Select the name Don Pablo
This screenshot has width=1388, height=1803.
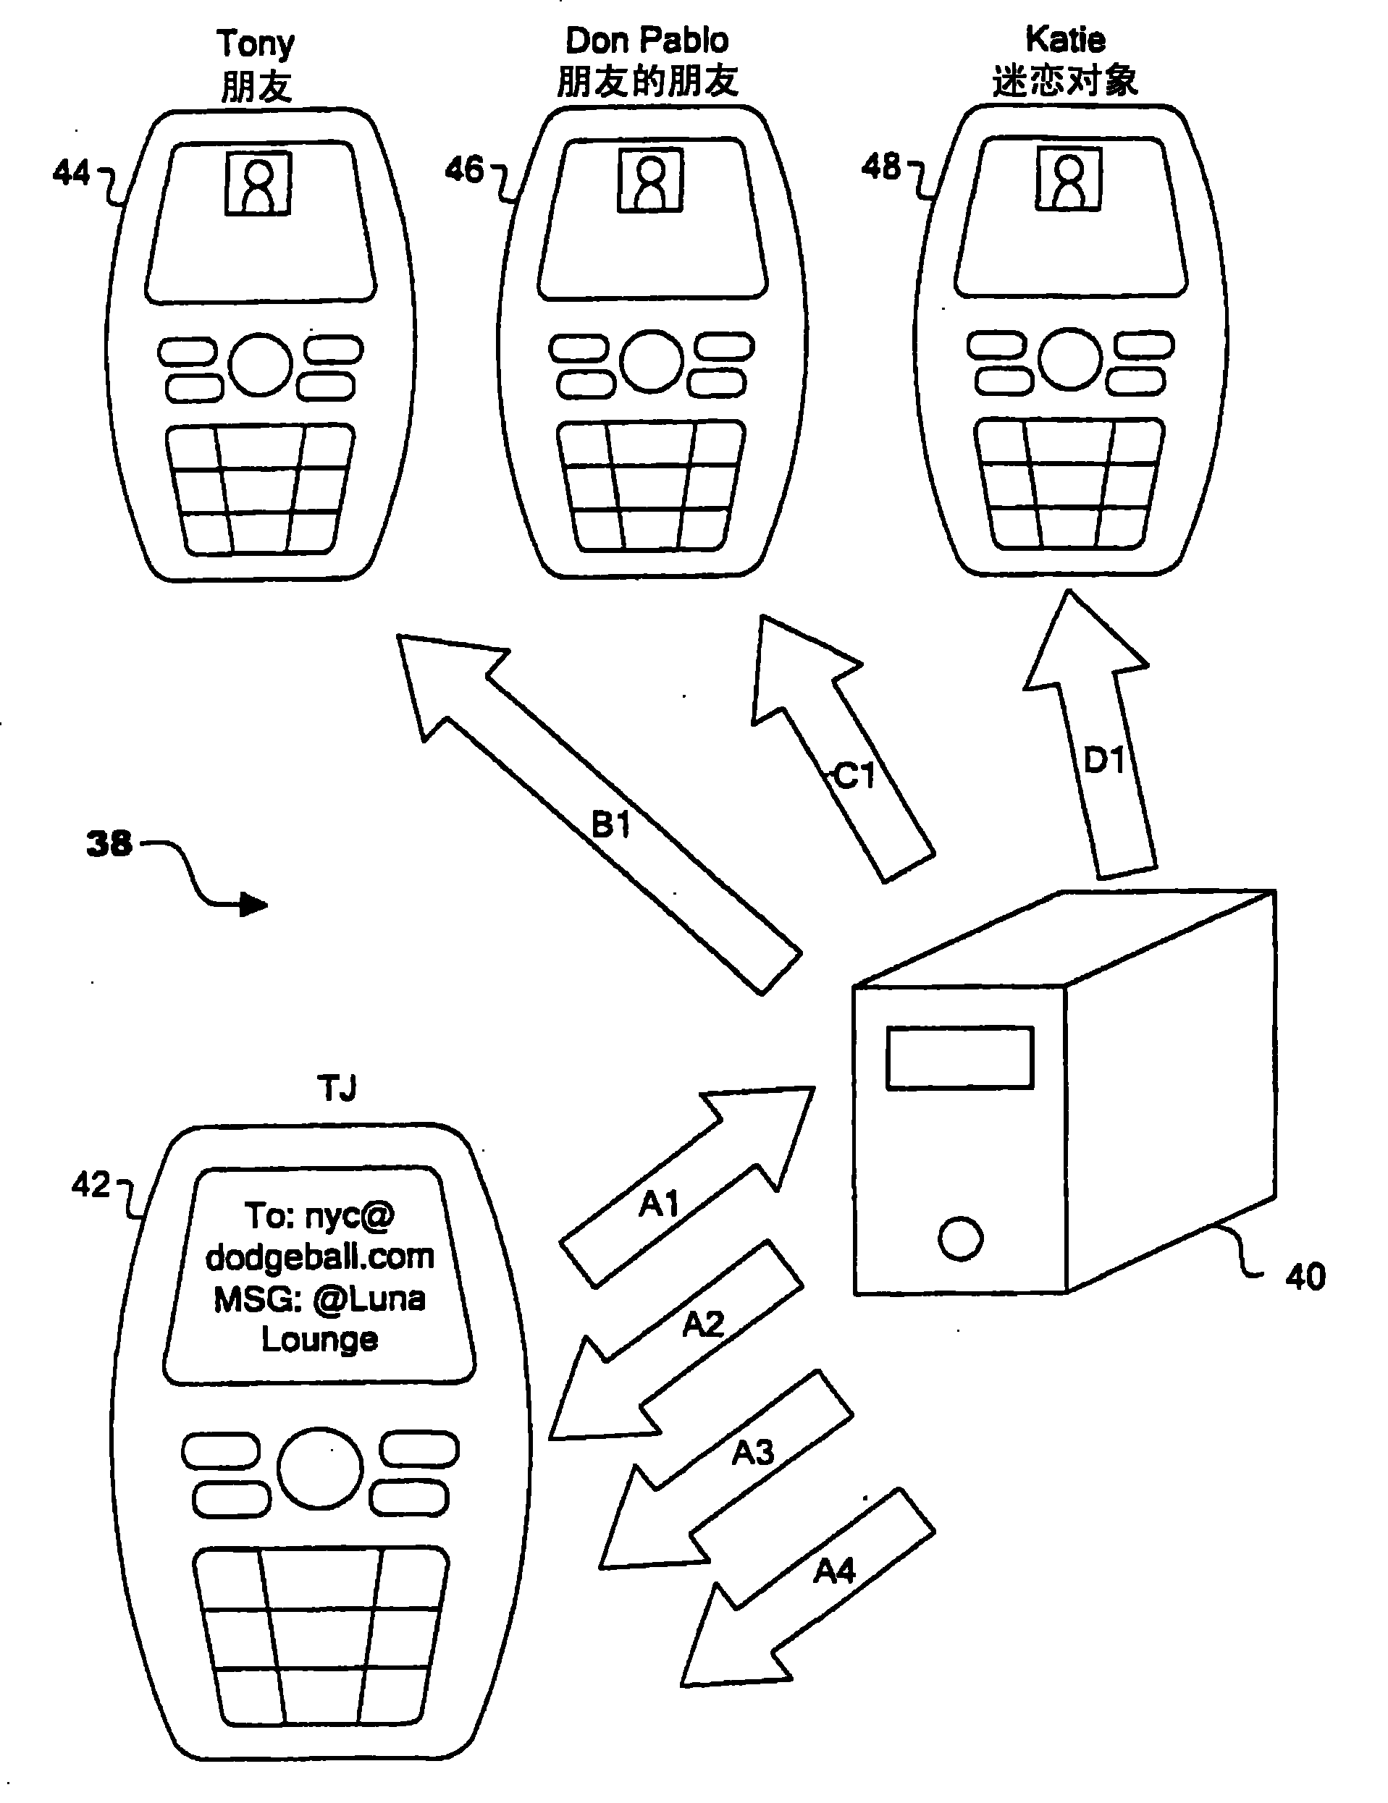(647, 41)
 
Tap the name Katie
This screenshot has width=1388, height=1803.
(1065, 39)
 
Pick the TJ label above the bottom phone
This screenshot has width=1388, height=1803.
(337, 1088)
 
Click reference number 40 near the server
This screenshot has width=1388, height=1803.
(1305, 1276)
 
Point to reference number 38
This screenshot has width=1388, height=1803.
(109, 843)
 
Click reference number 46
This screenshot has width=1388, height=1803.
(464, 169)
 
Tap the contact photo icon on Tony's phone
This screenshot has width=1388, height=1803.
(258, 183)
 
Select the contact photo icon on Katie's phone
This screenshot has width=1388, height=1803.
(1069, 178)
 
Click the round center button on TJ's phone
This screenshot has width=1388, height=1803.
(319, 1467)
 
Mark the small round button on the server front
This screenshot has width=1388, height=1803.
(960, 1238)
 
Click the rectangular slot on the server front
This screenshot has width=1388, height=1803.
(959, 1057)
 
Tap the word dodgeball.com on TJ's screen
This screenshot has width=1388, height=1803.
(319, 1257)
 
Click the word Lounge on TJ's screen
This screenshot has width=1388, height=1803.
(319, 1339)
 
